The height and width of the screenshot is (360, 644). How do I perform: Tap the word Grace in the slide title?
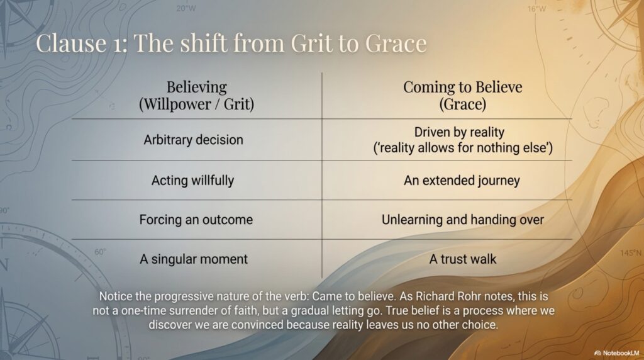coord(396,43)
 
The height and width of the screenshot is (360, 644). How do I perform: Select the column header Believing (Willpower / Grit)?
coord(196,95)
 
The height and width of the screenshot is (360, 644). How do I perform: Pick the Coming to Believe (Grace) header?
coord(462,95)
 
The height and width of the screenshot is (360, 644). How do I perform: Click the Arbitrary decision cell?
coord(194,140)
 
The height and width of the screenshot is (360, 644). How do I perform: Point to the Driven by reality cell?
coord(463,140)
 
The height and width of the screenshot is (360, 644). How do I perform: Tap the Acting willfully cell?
coord(192,181)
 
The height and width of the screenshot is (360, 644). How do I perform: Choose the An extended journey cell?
coord(462,181)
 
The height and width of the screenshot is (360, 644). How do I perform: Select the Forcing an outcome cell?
coord(196,220)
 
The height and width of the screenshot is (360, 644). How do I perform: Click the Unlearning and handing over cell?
coord(462,220)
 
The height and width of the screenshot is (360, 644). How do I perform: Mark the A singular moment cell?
coord(194,259)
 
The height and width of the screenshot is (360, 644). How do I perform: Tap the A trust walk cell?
coord(462,259)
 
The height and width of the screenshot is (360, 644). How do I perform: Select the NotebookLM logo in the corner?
coord(617,353)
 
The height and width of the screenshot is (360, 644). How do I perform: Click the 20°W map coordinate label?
coord(186,8)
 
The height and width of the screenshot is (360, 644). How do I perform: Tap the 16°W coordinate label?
coord(537,9)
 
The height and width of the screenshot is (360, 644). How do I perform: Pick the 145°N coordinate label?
coord(630,253)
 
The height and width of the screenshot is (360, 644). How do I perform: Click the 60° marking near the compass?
coord(100,252)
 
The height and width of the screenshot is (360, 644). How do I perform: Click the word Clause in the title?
coord(71,43)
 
